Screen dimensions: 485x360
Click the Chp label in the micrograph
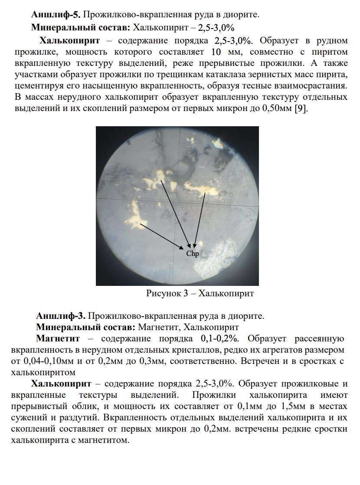[192, 253]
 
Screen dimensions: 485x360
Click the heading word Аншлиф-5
[56, 15]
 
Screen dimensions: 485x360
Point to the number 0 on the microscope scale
[124, 190]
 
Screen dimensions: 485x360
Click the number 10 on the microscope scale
[232, 194]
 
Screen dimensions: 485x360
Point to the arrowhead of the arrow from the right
[195, 247]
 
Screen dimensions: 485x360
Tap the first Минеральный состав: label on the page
[80, 28]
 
